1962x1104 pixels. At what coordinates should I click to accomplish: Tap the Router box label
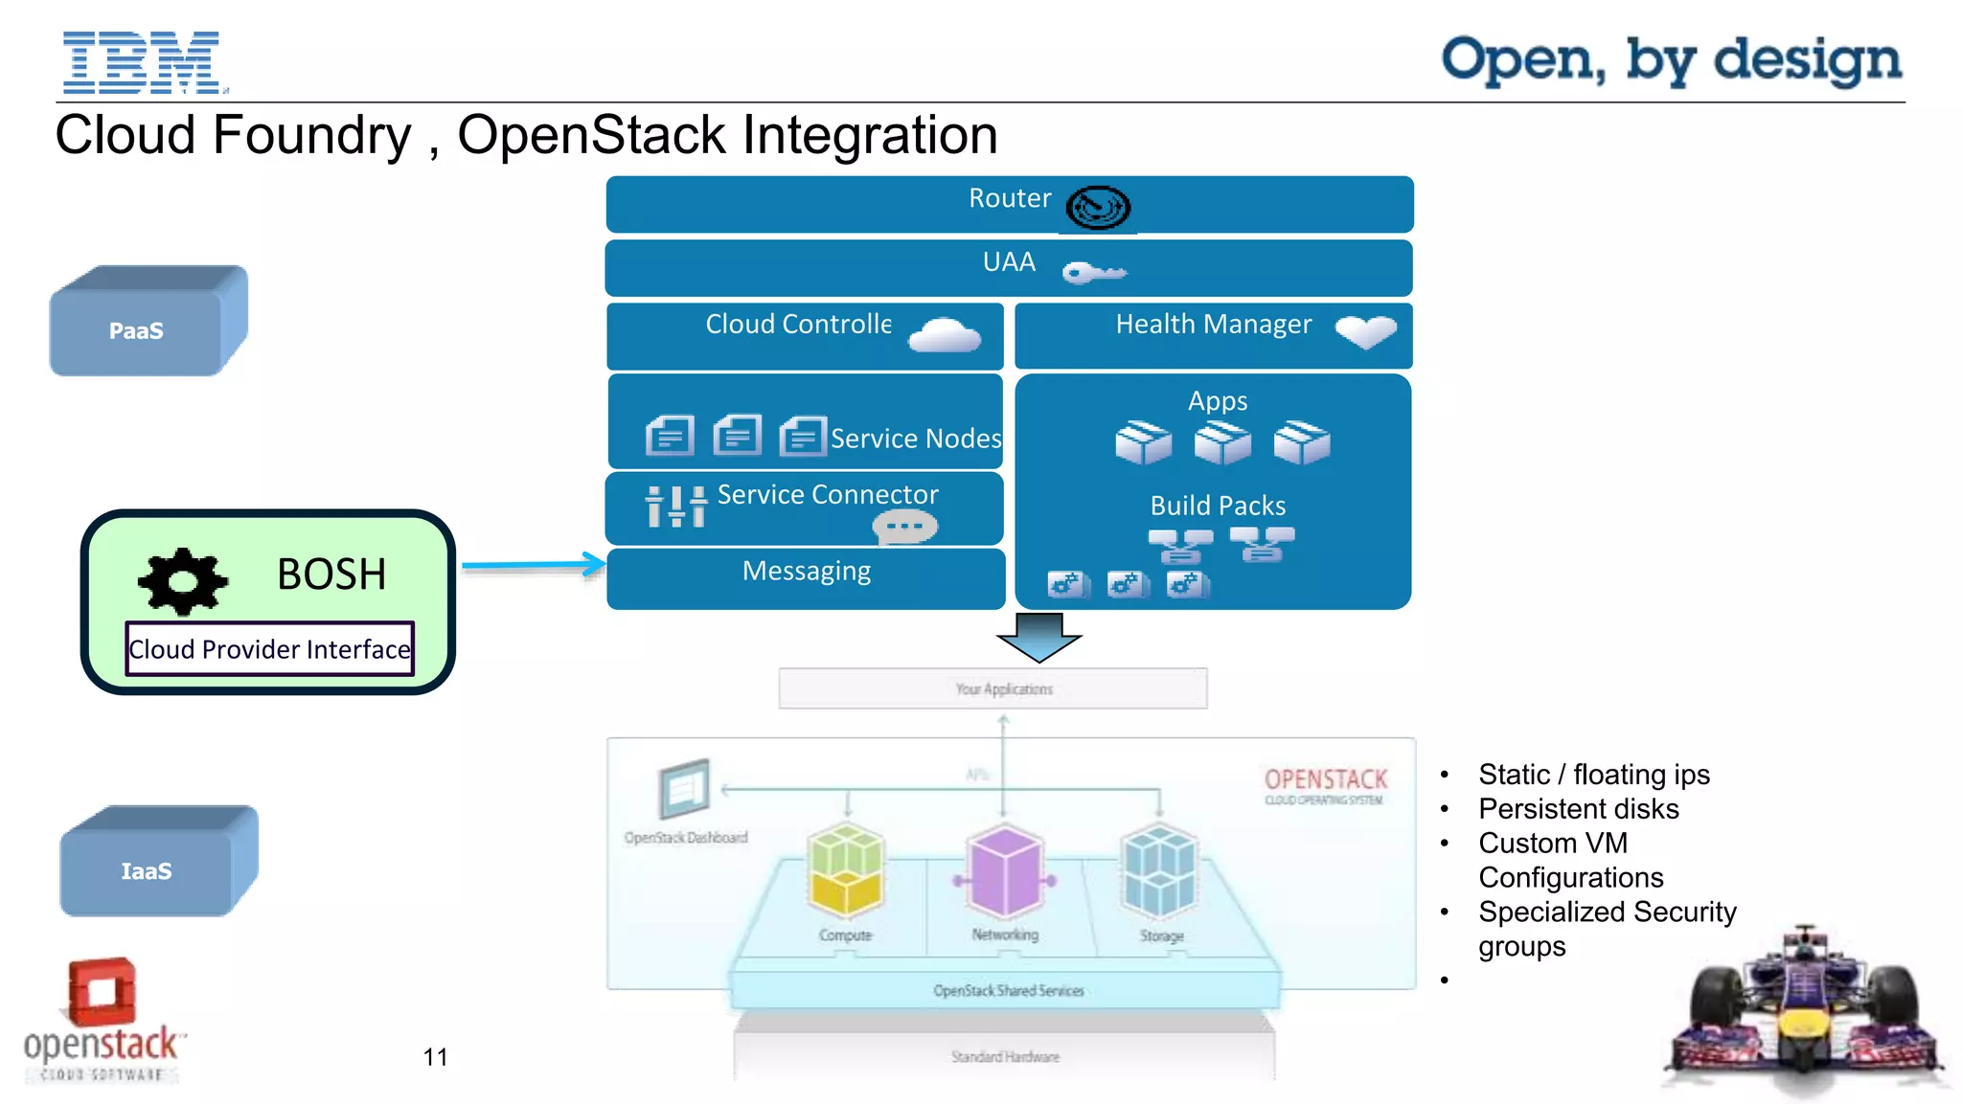pos(1009,198)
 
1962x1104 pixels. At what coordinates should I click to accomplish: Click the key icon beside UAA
pos(1093,273)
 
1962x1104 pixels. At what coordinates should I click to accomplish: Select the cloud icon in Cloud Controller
pos(944,335)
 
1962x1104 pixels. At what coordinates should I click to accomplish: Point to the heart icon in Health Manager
pos(1365,331)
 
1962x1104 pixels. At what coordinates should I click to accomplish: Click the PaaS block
pos(137,330)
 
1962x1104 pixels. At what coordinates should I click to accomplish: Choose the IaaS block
pos(147,870)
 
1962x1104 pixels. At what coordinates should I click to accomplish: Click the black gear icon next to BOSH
pos(183,580)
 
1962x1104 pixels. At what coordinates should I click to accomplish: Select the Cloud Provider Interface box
pos(269,649)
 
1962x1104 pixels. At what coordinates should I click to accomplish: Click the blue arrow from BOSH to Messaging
pos(532,566)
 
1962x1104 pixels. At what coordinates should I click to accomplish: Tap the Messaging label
pos(806,571)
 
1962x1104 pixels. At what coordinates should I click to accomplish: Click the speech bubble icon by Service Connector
pos(904,526)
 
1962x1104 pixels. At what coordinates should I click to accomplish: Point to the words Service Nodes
pos(915,439)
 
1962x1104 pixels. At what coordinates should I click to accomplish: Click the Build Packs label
pos(1217,506)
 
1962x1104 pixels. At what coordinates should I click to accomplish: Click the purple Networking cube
pos(1004,871)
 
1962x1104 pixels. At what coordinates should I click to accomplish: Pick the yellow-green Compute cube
pos(845,869)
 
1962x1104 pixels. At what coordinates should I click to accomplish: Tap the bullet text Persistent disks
pos(1578,809)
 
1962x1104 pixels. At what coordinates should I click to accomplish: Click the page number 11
pos(435,1057)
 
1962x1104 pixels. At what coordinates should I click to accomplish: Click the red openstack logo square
pos(103,992)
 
